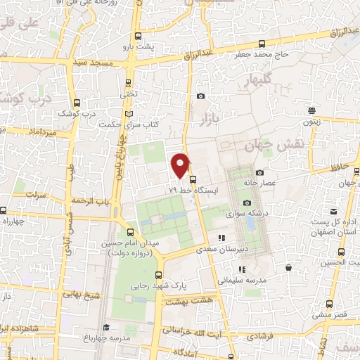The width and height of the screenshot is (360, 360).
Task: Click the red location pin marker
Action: point(181,165)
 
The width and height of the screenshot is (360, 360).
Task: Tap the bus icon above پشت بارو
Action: point(138,35)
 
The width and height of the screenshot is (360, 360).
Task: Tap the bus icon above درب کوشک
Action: point(86,103)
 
